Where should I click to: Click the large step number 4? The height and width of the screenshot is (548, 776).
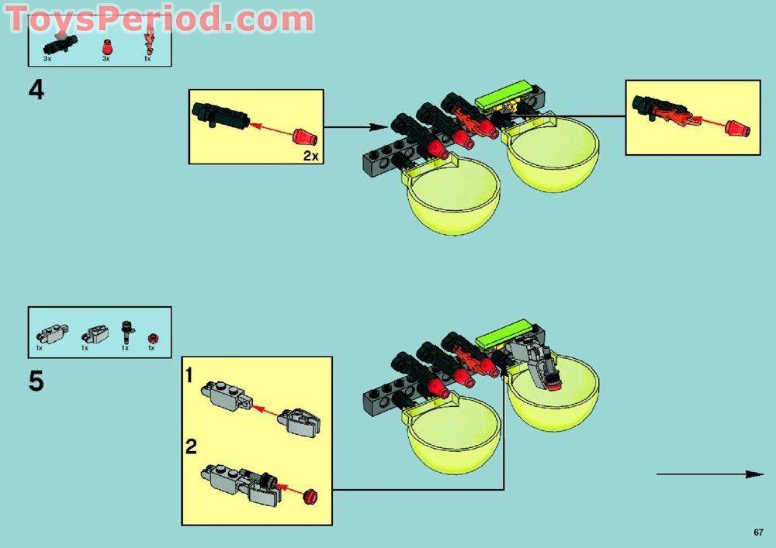[x=36, y=91]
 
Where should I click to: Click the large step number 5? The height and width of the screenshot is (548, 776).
[x=36, y=382]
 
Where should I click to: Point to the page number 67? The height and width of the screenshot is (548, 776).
[x=758, y=532]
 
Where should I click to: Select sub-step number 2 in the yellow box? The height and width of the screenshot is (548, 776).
[x=191, y=446]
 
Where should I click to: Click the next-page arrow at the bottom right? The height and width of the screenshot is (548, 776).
[x=710, y=474]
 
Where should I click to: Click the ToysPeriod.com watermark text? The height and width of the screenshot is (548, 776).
[x=159, y=19]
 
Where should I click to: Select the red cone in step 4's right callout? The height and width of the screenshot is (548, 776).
[x=738, y=128]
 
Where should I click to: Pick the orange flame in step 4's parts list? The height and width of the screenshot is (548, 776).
[x=147, y=43]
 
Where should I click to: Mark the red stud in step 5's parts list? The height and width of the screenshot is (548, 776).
[x=152, y=337]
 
